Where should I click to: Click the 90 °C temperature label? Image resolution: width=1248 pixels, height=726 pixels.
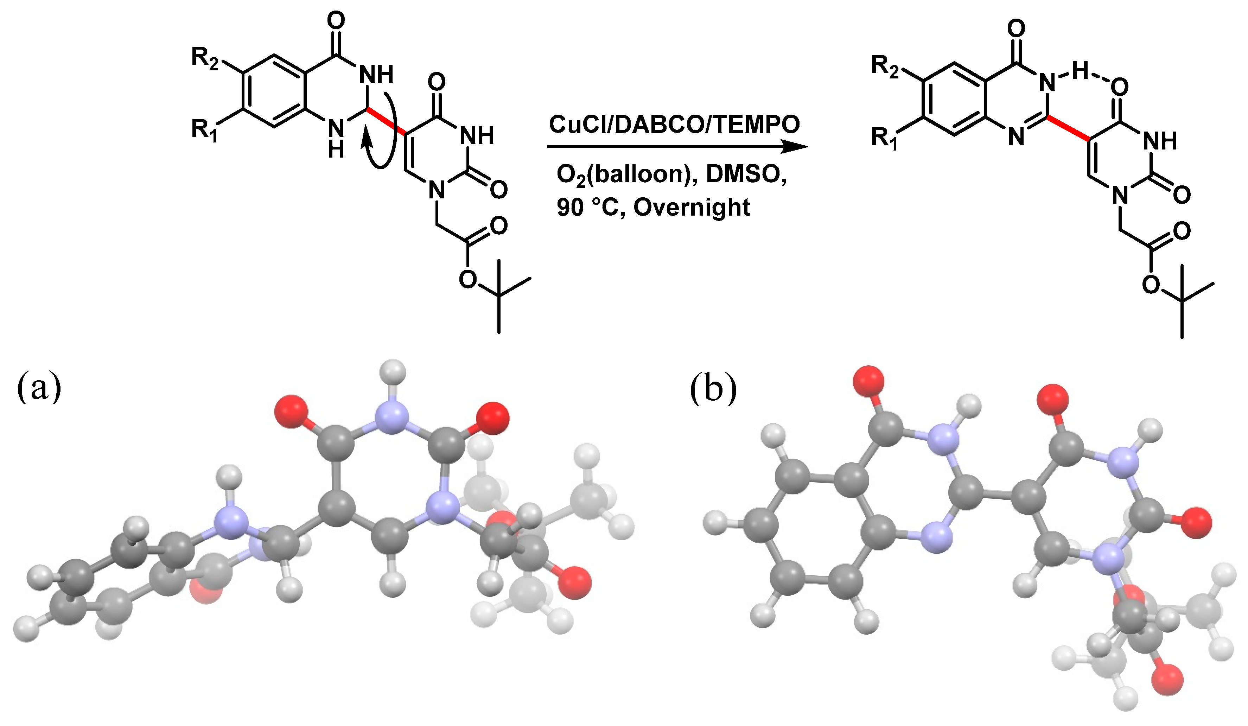(x=588, y=208)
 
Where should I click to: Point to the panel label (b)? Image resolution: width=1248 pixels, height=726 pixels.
(x=713, y=389)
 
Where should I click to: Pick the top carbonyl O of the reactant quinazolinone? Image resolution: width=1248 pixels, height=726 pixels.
(x=336, y=21)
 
